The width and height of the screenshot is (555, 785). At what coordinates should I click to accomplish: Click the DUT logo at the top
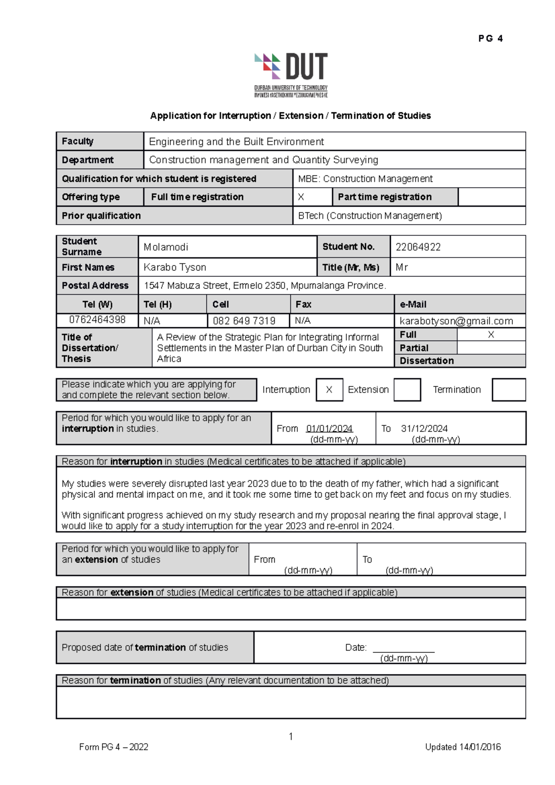pos(291,74)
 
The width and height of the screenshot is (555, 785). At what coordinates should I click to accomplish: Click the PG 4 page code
pos(490,39)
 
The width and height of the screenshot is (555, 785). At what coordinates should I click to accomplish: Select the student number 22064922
pos(418,247)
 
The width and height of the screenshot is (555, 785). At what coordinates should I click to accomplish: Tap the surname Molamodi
pos(166,247)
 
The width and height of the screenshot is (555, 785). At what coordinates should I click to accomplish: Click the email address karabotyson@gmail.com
pos(456,321)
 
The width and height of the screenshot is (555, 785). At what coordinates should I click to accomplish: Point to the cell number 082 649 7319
pos(244,321)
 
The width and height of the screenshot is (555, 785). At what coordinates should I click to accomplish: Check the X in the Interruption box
pos(329,390)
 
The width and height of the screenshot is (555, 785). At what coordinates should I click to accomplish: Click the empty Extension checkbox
pos(407,390)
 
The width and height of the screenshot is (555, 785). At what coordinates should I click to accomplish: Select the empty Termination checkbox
pos(508,390)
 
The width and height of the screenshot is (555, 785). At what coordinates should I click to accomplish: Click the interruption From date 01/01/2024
pos(329,429)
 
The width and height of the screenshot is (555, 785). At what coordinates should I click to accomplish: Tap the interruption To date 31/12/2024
pos(424,429)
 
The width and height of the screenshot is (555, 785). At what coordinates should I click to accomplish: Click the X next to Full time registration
pos(301,197)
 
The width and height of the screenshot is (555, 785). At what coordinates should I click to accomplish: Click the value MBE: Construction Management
pos(365,179)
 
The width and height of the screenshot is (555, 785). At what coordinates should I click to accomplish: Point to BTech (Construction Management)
pos(370,216)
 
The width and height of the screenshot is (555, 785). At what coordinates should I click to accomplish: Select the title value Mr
pos(401,267)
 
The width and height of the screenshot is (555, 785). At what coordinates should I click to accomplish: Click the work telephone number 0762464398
pos(97,319)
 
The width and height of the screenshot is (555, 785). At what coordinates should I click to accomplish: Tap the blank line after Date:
pos(403,648)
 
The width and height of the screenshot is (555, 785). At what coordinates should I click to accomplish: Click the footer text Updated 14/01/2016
pos(462,747)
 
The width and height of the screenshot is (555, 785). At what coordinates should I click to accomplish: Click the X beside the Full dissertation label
pos(491,335)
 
